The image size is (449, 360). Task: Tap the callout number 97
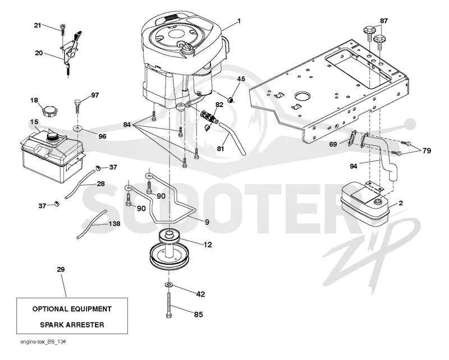(x=95, y=95)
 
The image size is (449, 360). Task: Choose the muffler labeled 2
(x=365, y=202)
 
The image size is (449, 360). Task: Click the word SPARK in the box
(x=52, y=325)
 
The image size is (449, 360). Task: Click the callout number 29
(x=61, y=269)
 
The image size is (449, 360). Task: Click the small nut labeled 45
(x=231, y=100)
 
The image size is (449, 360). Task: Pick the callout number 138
(x=114, y=224)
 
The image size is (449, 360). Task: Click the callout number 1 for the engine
(x=239, y=21)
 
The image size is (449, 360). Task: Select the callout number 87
(x=384, y=21)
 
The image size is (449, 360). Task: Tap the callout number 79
(x=427, y=150)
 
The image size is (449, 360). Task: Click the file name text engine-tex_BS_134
(x=43, y=342)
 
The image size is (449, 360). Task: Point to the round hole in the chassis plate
(x=303, y=96)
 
